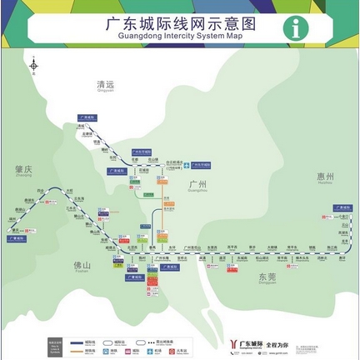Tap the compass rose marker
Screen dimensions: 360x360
[33, 65]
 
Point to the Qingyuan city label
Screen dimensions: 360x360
[106, 86]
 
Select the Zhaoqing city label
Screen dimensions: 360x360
[22, 170]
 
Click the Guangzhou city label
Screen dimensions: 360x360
[197, 185]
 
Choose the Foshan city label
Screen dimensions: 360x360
[82, 266]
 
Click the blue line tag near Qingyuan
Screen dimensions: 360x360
[87, 118]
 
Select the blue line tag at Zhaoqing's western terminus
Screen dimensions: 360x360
[16, 238]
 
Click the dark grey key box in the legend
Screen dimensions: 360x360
[55, 345]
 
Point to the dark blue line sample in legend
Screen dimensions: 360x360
[76, 342]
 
